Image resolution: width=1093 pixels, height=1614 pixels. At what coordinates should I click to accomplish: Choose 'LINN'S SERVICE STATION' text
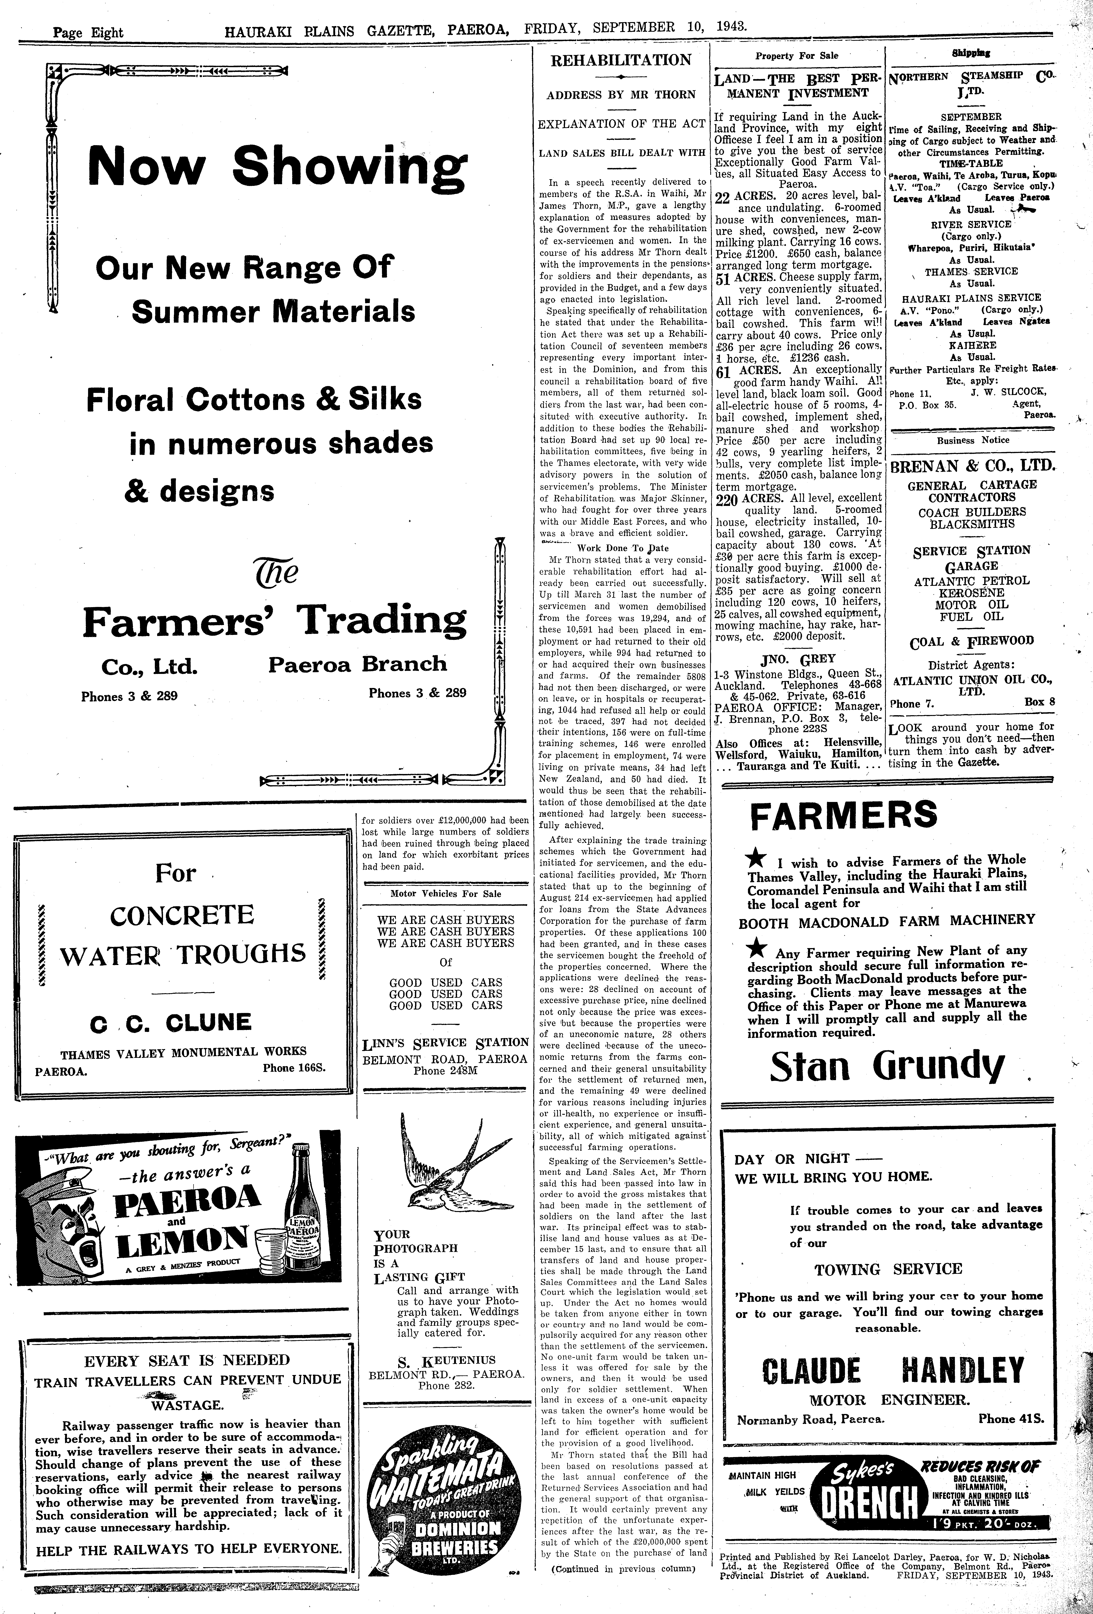pyautogui.click(x=445, y=1042)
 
